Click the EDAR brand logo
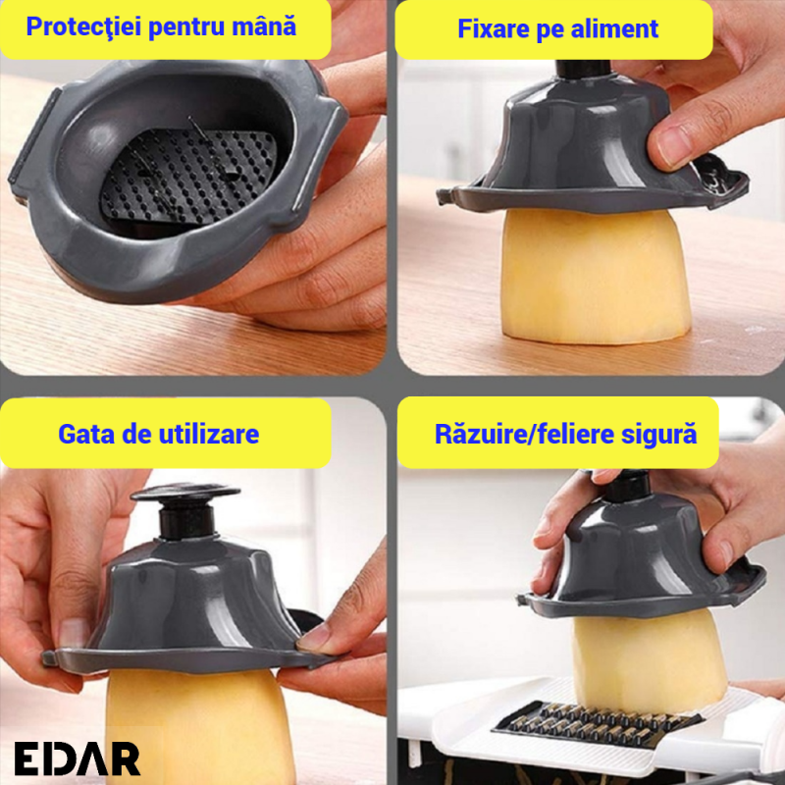(x=78, y=759)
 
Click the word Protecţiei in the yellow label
(x=83, y=26)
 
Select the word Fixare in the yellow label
(x=494, y=28)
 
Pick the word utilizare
(x=209, y=434)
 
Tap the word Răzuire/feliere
(x=524, y=434)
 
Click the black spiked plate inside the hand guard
(x=188, y=176)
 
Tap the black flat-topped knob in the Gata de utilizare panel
(x=185, y=509)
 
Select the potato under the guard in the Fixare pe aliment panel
(x=596, y=277)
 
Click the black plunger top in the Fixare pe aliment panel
(x=583, y=69)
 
